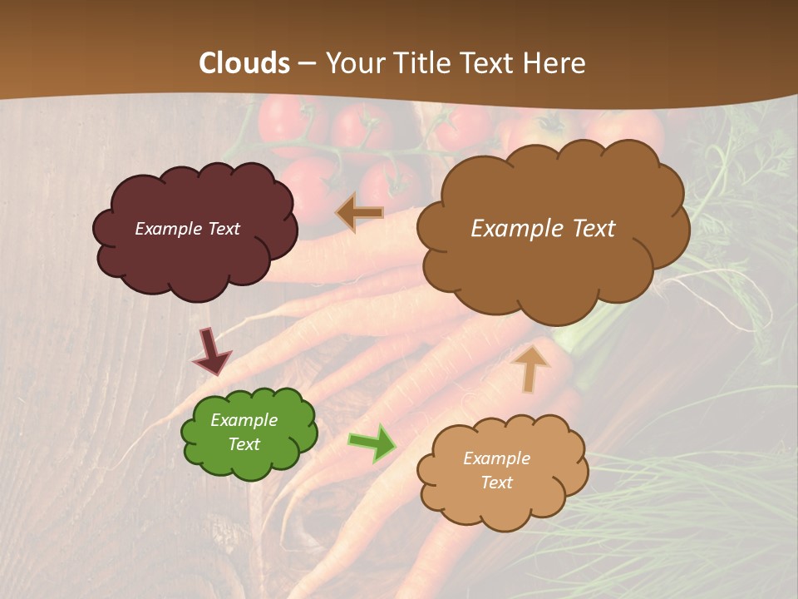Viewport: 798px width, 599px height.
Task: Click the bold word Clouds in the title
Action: [244, 63]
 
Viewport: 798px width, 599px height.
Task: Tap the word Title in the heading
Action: [420, 63]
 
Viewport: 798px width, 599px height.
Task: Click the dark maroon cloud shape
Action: [196, 258]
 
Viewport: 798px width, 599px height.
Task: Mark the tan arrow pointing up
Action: [530, 368]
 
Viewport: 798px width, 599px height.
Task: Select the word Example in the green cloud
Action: [244, 421]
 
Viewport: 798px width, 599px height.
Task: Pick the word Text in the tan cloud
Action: [497, 483]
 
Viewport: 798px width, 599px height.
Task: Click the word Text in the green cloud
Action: [244, 444]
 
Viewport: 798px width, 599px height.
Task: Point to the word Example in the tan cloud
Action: [496, 458]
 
